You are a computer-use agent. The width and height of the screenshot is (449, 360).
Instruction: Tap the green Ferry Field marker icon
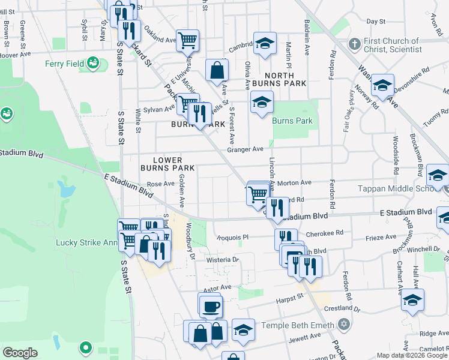tap(92, 62)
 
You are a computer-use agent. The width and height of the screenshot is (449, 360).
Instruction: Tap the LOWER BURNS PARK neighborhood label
tap(174, 164)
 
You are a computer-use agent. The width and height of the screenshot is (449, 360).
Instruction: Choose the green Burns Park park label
tap(292, 121)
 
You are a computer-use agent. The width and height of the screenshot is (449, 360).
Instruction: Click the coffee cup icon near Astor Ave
tap(210, 306)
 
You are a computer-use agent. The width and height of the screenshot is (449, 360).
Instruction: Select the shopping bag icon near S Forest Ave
tap(217, 71)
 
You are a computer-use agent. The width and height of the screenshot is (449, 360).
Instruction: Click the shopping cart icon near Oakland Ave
tap(188, 41)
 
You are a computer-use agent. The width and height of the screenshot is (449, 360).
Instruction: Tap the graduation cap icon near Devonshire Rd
tap(382, 85)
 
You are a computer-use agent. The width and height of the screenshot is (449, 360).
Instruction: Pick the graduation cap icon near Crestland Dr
tap(412, 300)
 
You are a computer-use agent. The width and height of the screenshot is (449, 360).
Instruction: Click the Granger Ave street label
tap(249, 149)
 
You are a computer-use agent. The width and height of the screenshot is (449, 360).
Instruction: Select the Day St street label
tap(375, 21)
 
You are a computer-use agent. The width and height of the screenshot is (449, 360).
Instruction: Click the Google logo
tap(20, 353)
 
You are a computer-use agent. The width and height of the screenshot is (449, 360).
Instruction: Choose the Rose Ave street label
tap(160, 184)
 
